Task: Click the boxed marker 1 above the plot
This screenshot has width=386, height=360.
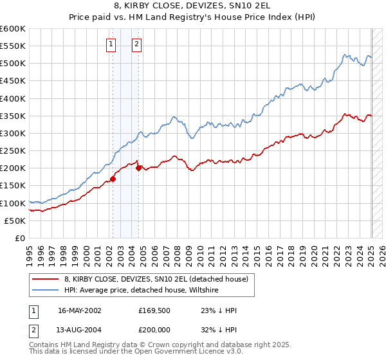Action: click(x=111, y=44)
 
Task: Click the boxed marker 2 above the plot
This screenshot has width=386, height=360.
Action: click(x=138, y=44)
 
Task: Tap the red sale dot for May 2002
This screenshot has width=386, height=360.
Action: click(x=113, y=179)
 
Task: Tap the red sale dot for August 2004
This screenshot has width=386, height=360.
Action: click(x=138, y=168)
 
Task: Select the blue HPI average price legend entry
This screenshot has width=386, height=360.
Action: click(x=141, y=291)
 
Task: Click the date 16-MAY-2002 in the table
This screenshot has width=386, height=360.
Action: click(x=79, y=310)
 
